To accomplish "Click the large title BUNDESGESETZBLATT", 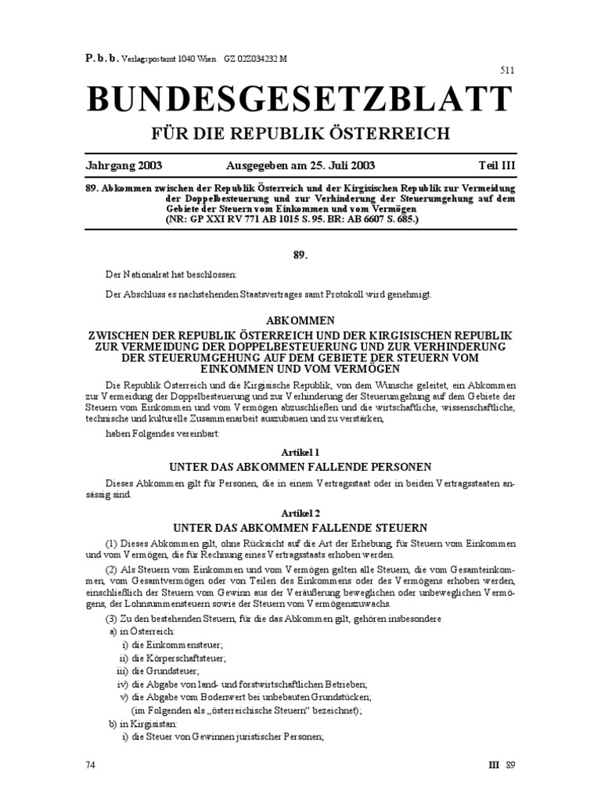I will pyautogui.click(x=300, y=99).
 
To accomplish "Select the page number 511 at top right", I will pyautogui.click(x=508, y=71).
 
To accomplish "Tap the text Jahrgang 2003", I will pyautogui.click(x=124, y=166).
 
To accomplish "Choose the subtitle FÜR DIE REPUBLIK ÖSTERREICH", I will pyautogui.click(x=300, y=133).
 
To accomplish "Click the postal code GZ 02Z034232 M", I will pyautogui.click(x=255, y=57).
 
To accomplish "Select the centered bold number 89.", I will pyautogui.click(x=300, y=255).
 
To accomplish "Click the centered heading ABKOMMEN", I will pyautogui.click(x=300, y=321).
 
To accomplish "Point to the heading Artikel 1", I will pyautogui.click(x=300, y=453).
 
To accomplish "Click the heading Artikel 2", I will pyautogui.click(x=300, y=511).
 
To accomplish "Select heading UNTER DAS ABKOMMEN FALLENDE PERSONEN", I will pyautogui.click(x=300, y=467).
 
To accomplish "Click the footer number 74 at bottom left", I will pyautogui.click(x=90, y=764).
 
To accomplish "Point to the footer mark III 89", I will pyautogui.click(x=502, y=764).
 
